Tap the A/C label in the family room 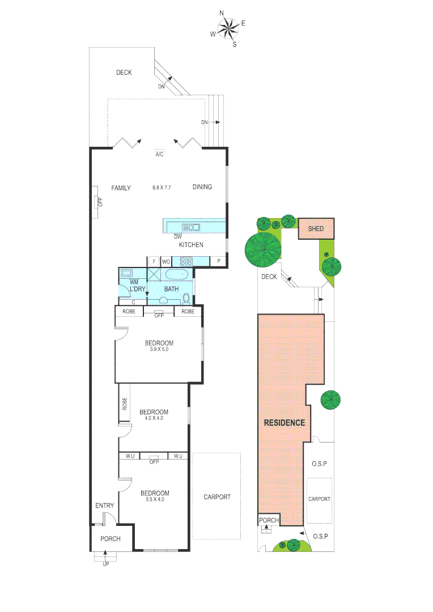click(159, 154)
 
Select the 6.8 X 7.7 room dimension click(162, 188)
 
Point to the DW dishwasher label click(177, 236)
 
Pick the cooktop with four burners click(186, 261)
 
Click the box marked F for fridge click(154, 261)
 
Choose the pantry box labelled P click(219, 261)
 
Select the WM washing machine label click(134, 282)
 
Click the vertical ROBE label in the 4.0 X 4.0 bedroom click(124, 403)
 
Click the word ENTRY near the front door click(104, 506)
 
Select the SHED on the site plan click(316, 229)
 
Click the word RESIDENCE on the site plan click(284, 423)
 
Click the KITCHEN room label click(191, 245)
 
